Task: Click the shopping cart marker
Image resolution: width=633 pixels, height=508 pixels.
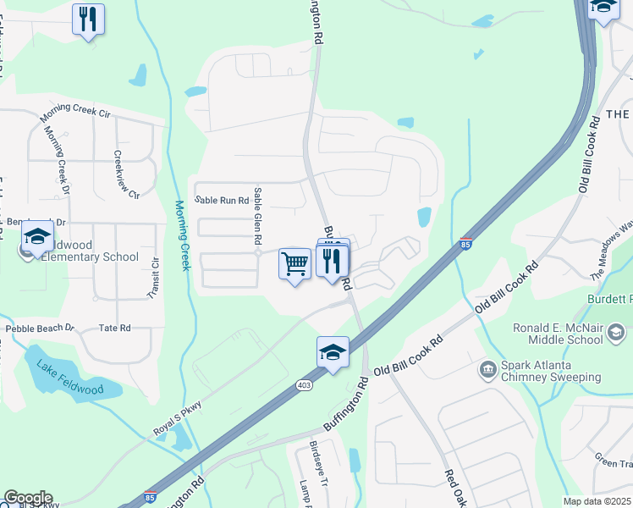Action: (x=294, y=264)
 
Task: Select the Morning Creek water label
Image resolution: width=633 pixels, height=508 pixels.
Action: (x=181, y=235)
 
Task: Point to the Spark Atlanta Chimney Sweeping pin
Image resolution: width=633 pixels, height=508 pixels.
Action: (x=487, y=368)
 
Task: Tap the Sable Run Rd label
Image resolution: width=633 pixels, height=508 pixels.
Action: (x=222, y=201)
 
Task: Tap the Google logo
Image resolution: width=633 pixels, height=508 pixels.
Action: (x=28, y=498)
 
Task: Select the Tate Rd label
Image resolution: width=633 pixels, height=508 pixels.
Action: (x=114, y=328)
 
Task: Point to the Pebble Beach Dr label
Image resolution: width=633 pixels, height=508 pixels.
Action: (x=40, y=328)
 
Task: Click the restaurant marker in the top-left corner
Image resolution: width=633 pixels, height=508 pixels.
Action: (x=88, y=19)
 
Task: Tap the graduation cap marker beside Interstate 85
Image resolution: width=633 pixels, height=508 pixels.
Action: (x=333, y=352)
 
